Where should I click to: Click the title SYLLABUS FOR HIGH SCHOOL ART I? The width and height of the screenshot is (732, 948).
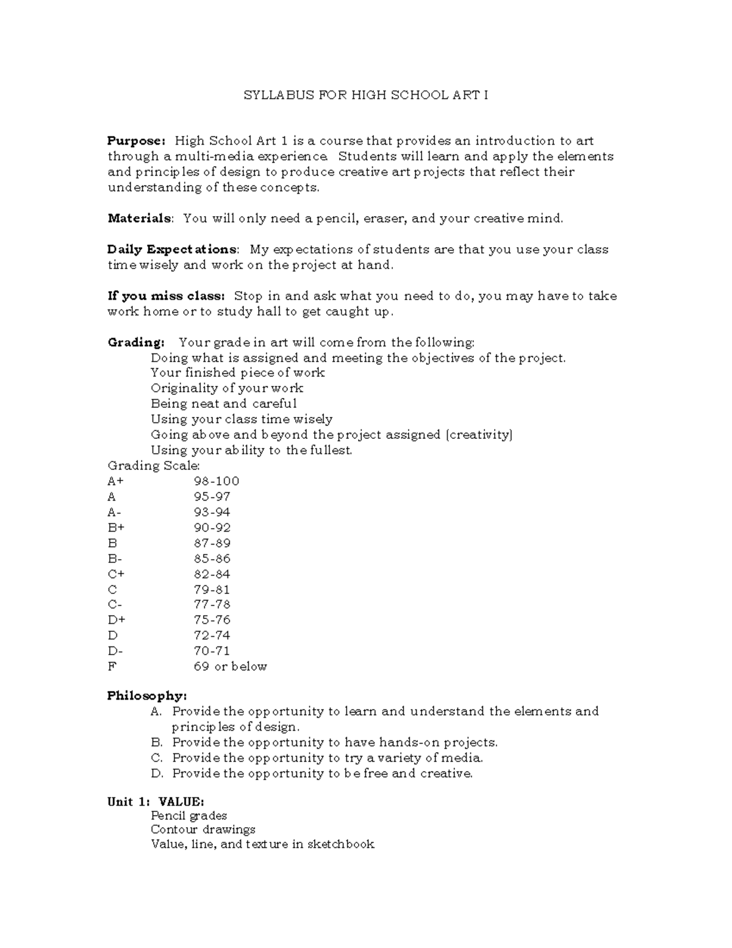(365, 95)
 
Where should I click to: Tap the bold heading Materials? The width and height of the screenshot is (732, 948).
(140, 219)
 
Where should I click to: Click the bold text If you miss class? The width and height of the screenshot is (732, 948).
(166, 296)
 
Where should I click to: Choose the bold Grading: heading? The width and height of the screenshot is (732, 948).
(136, 342)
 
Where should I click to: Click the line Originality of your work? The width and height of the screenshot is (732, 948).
(227, 388)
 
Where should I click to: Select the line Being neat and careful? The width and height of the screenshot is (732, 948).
(224, 403)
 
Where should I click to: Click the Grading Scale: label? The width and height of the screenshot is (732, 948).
(149, 466)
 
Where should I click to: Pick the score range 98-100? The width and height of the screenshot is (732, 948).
(217, 481)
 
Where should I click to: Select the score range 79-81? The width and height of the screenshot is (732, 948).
(212, 590)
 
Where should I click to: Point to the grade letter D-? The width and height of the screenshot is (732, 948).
(115, 651)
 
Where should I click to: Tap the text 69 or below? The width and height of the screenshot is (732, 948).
(230, 667)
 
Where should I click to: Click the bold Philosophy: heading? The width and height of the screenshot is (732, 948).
(147, 696)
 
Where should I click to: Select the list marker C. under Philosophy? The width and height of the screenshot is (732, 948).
(157, 758)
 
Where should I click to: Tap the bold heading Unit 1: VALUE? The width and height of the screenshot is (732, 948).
(156, 802)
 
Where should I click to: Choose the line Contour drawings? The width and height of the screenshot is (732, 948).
(203, 830)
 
